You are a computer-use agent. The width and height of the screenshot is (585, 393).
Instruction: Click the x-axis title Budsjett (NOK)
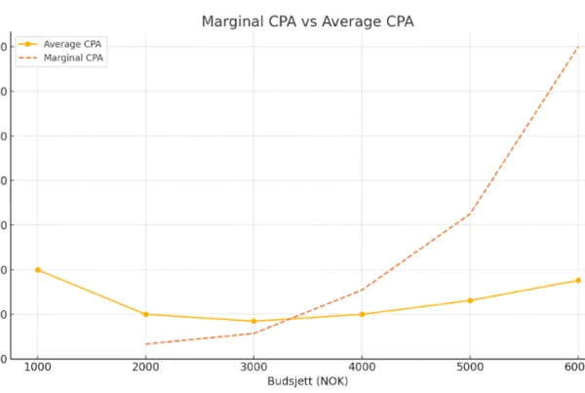pyautogui.click(x=307, y=381)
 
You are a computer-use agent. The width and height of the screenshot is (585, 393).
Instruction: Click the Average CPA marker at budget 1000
pyautogui.click(x=38, y=269)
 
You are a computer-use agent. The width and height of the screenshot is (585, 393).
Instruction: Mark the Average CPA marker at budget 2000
pyautogui.click(x=146, y=314)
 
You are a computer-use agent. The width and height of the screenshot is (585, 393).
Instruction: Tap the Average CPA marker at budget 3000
pyautogui.click(x=253, y=321)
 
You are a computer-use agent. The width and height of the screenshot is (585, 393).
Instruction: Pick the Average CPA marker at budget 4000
pyautogui.click(x=362, y=314)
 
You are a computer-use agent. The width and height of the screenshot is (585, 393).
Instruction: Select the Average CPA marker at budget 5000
pyautogui.click(x=470, y=300)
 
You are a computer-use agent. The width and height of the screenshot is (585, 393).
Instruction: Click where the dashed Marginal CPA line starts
pyautogui.click(x=146, y=343)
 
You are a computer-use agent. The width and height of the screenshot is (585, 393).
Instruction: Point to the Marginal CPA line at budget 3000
pyautogui.click(x=253, y=334)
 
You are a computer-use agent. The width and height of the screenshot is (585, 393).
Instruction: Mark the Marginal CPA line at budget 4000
pyautogui.click(x=362, y=290)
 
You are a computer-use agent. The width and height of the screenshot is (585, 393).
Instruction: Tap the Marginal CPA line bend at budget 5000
pyautogui.click(x=470, y=214)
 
